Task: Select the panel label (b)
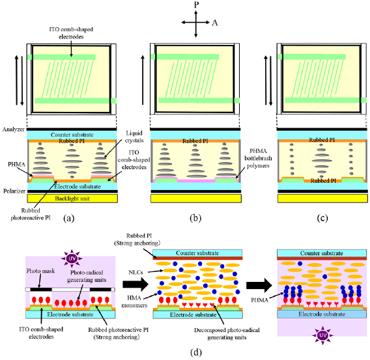tap(197, 218)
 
